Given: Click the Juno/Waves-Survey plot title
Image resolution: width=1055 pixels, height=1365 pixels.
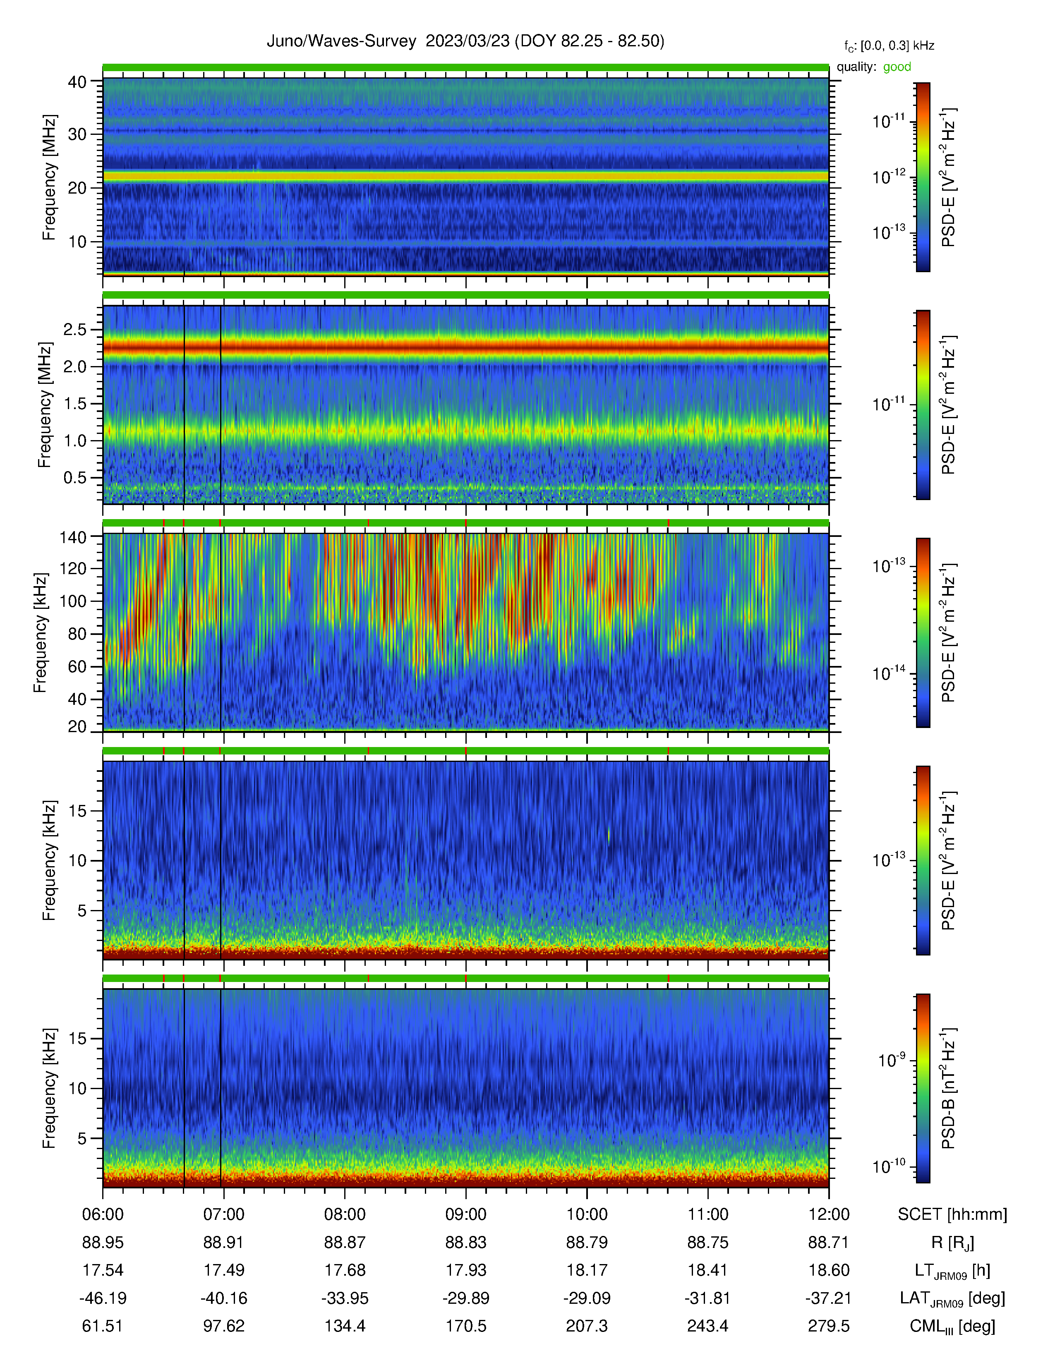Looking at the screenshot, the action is point(465,41).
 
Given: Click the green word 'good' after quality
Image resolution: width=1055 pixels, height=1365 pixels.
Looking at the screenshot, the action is point(897,67).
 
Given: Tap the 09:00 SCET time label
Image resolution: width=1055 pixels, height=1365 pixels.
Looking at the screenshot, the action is point(465,1214).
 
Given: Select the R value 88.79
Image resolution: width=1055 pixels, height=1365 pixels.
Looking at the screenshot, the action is point(587,1243).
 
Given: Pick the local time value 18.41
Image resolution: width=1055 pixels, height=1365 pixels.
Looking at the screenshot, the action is point(707,1270).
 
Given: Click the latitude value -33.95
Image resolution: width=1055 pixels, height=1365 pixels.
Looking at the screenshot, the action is point(345,1298).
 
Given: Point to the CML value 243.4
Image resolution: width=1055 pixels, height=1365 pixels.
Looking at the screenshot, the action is point(707,1326).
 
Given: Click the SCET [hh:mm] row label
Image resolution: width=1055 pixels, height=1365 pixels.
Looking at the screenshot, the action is point(952,1214).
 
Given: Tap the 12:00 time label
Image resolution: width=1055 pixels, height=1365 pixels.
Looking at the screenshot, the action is point(829,1214).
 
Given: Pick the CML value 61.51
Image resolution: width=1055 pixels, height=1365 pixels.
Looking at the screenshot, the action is point(103,1326).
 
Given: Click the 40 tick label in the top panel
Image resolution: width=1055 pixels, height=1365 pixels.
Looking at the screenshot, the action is point(77,82).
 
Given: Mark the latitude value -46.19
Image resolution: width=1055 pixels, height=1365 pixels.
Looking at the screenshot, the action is point(103,1298).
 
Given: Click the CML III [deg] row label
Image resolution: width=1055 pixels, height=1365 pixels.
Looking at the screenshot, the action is point(952,1326).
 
